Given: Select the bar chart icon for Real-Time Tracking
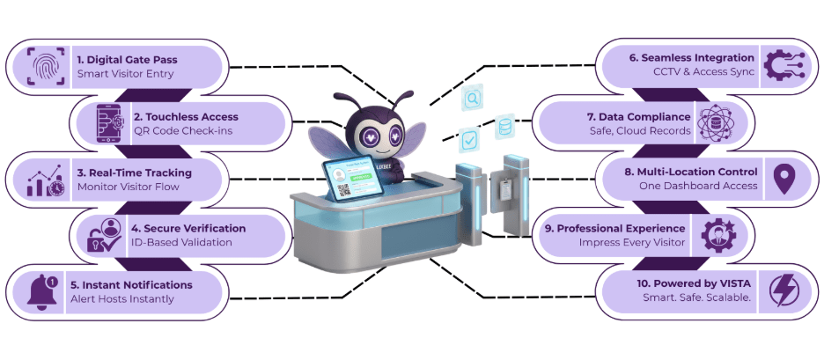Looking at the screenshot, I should point(44,180).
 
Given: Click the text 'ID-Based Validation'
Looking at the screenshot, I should point(183,243).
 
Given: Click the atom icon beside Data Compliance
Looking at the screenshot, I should point(714,124).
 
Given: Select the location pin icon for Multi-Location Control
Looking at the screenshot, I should point(781,179).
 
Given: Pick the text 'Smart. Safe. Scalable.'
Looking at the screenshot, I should point(696,299).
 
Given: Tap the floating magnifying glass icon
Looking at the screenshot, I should point(473,99).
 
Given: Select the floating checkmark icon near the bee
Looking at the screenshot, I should point(470,139).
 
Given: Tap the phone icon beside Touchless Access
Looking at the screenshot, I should point(110,122).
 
